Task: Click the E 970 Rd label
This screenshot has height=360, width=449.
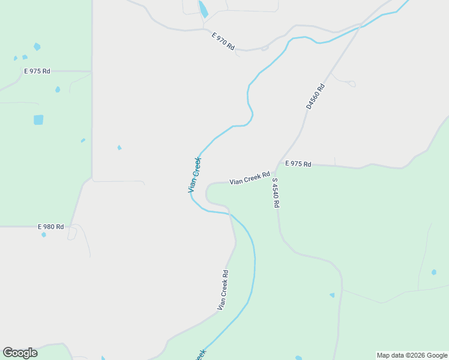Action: click(223, 41)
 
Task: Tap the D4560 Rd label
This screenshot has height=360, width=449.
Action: click(315, 96)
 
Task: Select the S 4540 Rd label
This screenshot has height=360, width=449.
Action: click(276, 193)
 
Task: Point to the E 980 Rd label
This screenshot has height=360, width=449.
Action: click(50, 227)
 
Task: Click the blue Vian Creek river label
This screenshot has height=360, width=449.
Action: click(194, 175)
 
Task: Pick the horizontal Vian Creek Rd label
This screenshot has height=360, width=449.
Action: click(249, 178)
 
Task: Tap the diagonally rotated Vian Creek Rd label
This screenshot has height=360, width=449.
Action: click(223, 290)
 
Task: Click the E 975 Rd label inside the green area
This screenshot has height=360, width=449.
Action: click(37, 71)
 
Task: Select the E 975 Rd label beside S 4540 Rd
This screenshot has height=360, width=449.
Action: click(298, 163)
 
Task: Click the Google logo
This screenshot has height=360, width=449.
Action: click(20, 353)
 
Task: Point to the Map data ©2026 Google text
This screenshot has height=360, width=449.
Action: click(412, 355)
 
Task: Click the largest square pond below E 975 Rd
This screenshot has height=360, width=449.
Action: click(38, 119)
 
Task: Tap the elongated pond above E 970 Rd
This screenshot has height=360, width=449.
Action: click(203, 9)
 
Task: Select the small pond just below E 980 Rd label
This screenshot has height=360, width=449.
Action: click(44, 235)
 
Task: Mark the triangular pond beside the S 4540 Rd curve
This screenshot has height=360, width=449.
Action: click(332, 295)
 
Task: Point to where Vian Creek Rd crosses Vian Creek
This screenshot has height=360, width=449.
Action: click(229, 213)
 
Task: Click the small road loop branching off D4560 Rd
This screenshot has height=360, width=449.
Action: click(351, 84)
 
